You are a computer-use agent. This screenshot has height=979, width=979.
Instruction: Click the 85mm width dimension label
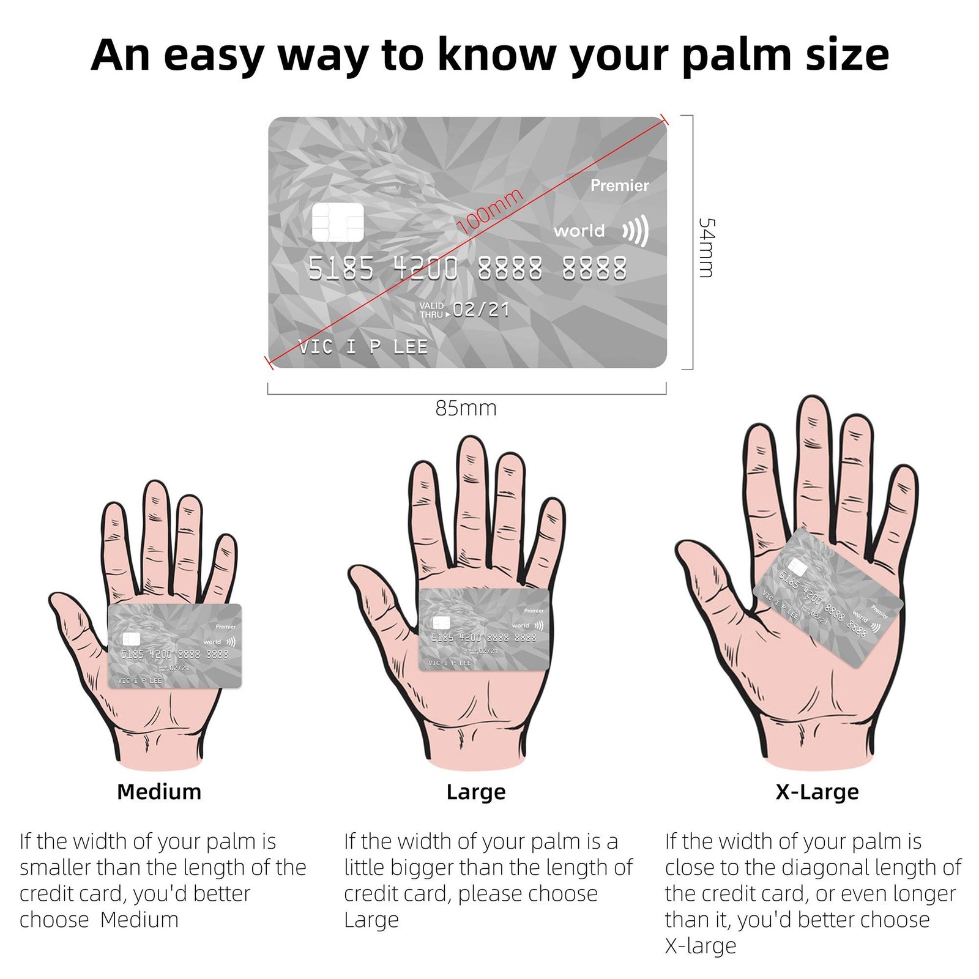(466, 408)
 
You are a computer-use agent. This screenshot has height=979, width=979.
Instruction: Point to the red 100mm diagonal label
(491, 212)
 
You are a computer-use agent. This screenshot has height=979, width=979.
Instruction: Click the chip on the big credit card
(338, 222)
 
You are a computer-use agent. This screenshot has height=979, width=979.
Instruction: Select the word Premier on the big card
(619, 185)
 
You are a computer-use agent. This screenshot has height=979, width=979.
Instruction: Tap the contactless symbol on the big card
(636, 231)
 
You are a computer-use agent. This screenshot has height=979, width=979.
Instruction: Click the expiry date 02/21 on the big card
(481, 310)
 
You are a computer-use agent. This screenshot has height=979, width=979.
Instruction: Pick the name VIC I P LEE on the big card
(363, 347)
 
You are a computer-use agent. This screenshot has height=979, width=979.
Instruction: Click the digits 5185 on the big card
(341, 269)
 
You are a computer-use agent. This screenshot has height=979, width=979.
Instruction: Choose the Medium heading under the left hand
(159, 792)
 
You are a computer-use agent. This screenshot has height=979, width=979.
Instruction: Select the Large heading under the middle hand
(476, 792)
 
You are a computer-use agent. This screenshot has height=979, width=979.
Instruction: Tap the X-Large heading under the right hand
(817, 792)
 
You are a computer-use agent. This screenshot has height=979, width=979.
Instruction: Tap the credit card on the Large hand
(484, 629)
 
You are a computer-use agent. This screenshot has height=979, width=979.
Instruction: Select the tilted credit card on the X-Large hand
(827, 598)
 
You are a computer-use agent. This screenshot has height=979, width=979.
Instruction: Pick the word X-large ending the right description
(701, 945)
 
